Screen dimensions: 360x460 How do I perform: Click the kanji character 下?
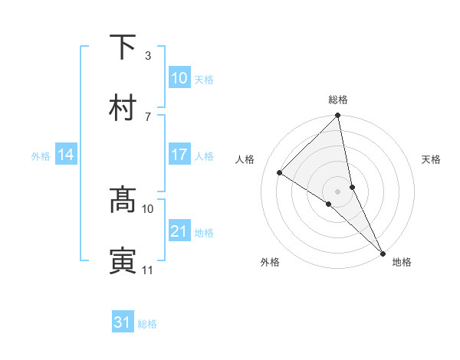123,48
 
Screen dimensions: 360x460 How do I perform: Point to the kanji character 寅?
123,260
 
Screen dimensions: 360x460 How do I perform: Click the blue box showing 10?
179,77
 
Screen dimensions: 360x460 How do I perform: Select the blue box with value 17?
179,155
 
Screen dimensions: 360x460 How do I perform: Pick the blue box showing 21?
179,231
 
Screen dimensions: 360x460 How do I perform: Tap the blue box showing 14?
66,155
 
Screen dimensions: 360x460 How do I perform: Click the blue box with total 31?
123,322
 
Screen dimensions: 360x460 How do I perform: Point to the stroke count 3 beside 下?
148,56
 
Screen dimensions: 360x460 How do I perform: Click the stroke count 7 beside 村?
148,116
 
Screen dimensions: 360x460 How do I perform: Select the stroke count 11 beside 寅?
148,270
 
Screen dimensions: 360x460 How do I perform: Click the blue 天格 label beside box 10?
204,80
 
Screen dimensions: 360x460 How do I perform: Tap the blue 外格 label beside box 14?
41,156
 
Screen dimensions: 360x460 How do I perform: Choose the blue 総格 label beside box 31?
147,324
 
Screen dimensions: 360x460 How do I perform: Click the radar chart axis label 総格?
338,100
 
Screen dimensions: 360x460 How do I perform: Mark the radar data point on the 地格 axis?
382,252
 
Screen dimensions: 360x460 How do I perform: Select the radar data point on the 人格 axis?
280,172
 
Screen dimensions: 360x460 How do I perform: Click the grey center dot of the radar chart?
338,191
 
